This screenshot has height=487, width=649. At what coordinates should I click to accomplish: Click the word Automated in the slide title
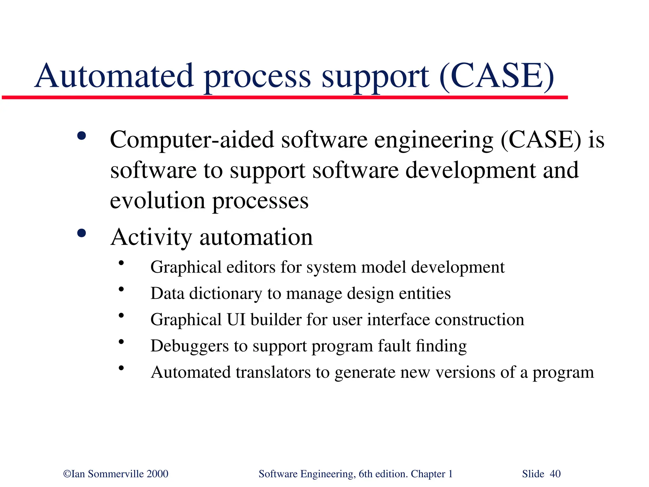[114, 76]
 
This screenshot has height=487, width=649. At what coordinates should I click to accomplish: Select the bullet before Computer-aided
[81, 136]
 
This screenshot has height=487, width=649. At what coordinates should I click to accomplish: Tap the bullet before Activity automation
[81, 234]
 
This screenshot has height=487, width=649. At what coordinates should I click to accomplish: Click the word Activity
[151, 238]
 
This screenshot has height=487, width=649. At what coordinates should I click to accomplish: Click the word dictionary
[225, 293]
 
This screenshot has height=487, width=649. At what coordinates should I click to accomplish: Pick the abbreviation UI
[236, 319]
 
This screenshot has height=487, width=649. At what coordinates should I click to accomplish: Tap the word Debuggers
[190, 346]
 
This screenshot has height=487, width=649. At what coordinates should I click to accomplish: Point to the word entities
[425, 293]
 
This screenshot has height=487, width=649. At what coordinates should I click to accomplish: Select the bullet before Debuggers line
[121, 342]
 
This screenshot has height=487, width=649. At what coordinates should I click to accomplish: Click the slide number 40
[555, 474]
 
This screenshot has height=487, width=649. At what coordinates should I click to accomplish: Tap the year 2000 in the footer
[157, 474]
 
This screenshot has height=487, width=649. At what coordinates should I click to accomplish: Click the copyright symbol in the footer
[67, 474]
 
